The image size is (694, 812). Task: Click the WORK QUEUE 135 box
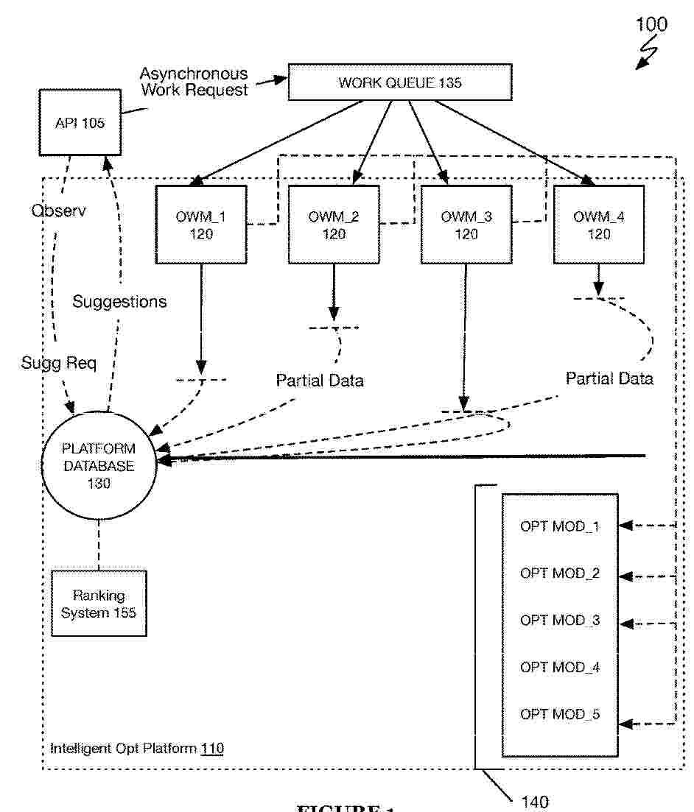tap(399, 82)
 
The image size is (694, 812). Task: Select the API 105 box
tap(80, 123)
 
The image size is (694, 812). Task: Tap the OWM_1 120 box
tap(201, 224)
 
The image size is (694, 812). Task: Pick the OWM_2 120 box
tap(334, 224)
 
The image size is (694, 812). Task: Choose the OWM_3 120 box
tap(466, 224)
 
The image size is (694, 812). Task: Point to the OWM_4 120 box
tap(598, 224)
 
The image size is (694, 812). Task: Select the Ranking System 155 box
tap(99, 603)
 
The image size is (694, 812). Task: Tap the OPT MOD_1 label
tap(560, 526)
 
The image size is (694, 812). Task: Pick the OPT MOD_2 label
tap(560, 573)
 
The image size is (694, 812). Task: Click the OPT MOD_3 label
tap(560, 620)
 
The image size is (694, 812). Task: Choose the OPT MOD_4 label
tap(560, 667)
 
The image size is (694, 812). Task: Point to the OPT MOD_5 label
tap(560, 714)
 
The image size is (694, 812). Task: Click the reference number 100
tap(651, 24)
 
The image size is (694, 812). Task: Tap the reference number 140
tap(535, 802)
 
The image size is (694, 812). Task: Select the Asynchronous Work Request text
tap(194, 82)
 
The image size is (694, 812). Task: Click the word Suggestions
tap(119, 301)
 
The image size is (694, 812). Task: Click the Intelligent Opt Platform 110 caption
tap(137, 749)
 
